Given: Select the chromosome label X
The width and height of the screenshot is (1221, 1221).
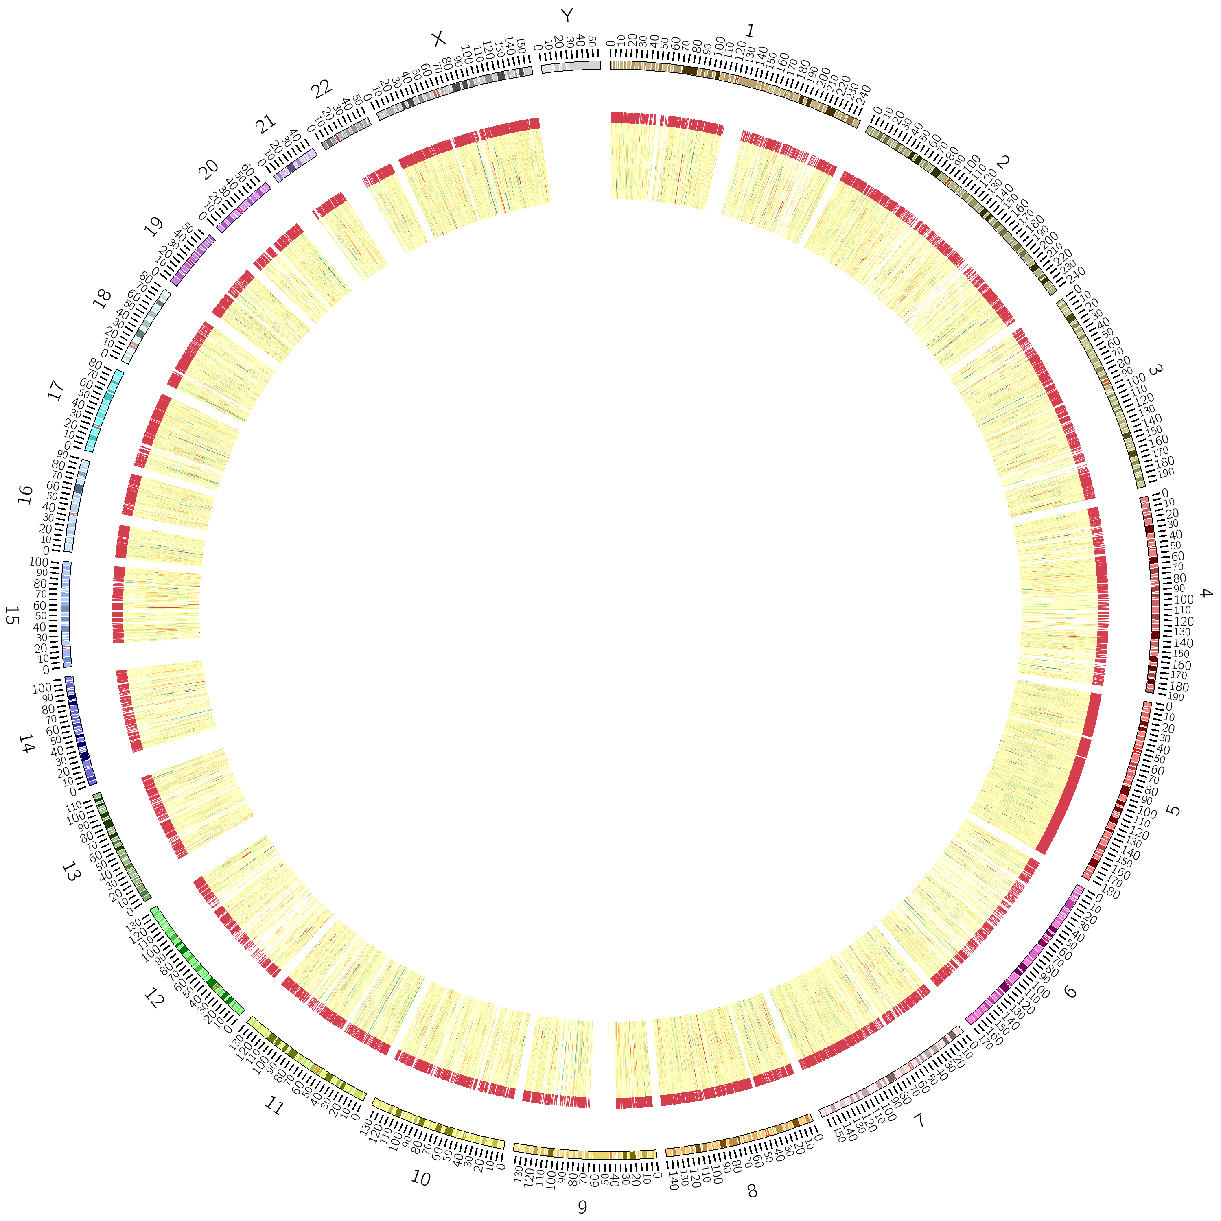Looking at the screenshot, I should pyautogui.click(x=438, y=39).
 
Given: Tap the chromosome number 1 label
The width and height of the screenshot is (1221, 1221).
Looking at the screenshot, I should pyautogui.click(x=750, y=31).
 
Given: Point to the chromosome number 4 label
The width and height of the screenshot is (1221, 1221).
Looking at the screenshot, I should pyautogui.click(x=1206, y=594).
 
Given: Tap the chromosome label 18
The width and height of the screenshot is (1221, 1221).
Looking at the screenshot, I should pyautogui.click(x=101, y=298).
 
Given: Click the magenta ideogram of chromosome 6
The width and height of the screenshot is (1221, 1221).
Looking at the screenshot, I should pyautogui.click(x=1026, y=954).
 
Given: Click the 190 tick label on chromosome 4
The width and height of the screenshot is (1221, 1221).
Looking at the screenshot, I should pyautogui.click(x=1175, y=697).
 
